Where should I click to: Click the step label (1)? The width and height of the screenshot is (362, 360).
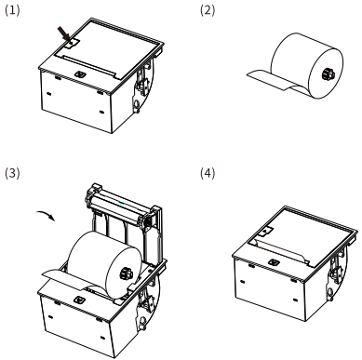point(12,10)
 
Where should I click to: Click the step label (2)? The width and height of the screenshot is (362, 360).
point(208,10)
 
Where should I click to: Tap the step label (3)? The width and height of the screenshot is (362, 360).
point(12,173)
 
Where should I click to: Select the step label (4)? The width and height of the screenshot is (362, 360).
point(208,173)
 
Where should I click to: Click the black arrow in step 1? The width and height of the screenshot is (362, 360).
point(64,33)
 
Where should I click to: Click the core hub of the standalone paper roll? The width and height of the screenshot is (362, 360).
point(328,74)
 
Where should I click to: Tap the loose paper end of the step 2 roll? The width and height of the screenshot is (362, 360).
point(271,81)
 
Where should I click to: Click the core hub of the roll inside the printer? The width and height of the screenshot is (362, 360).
point(127,273)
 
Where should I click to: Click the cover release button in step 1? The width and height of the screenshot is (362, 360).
point(73,44)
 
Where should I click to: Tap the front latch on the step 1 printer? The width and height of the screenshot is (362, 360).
point(80,74)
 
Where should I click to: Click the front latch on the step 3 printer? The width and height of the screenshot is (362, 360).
point(79,300)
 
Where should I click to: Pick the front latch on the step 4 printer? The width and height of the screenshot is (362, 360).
point(274,262)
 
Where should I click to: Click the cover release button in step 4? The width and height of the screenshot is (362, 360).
point(266,231)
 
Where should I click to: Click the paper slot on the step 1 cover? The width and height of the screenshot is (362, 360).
point(89,66)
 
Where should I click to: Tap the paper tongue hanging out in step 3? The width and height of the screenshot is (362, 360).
point(65,280)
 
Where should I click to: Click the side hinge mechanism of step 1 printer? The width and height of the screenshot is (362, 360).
point(142,87)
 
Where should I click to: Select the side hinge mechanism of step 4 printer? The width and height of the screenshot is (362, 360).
point(335,272)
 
